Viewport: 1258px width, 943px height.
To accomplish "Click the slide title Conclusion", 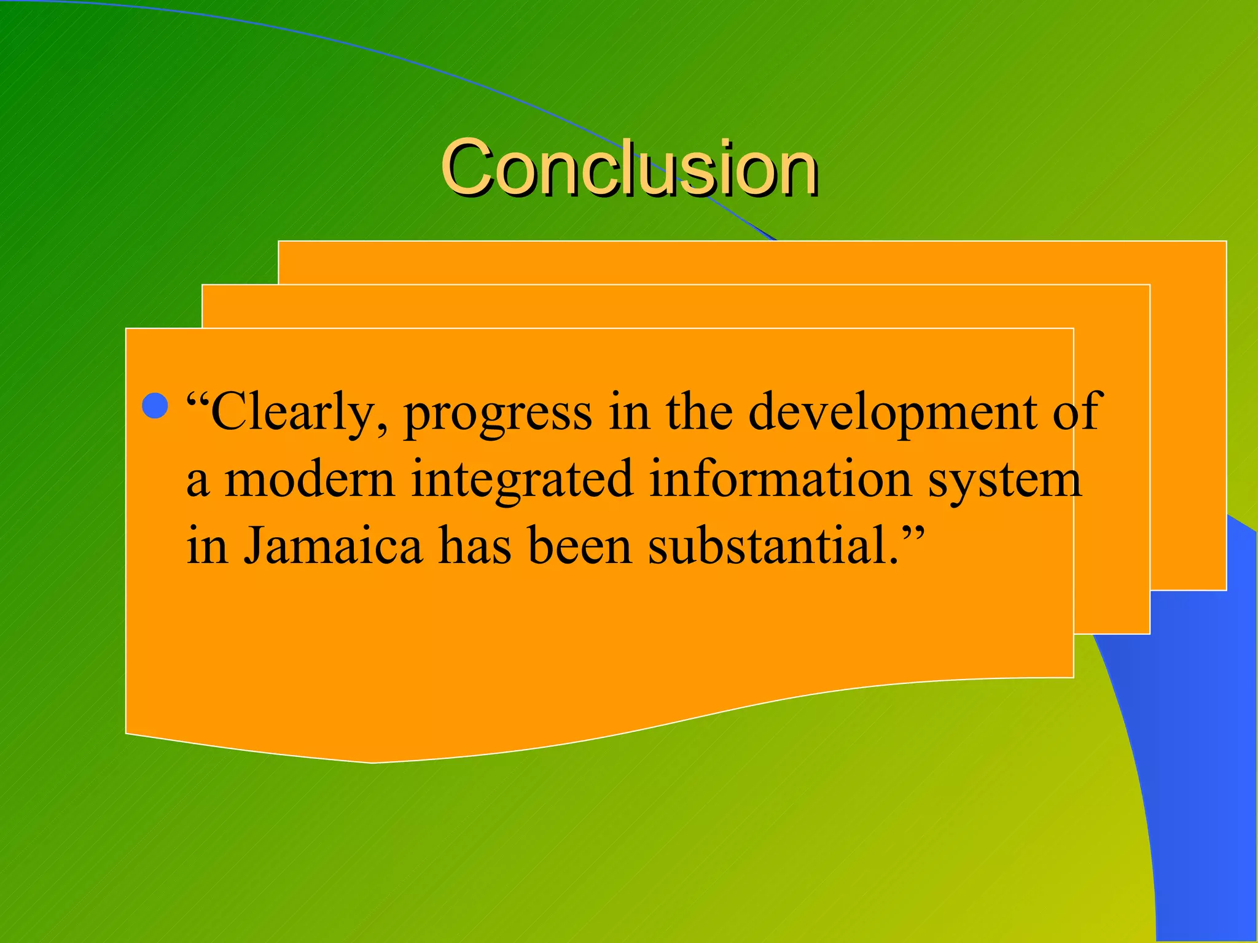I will (629, 167).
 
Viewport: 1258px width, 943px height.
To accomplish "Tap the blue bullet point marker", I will (155, 406).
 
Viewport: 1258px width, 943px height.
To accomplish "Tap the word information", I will (781, 479).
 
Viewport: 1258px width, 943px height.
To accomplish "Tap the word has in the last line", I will (475, 545).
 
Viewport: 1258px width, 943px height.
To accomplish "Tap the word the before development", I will (699, 411).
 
